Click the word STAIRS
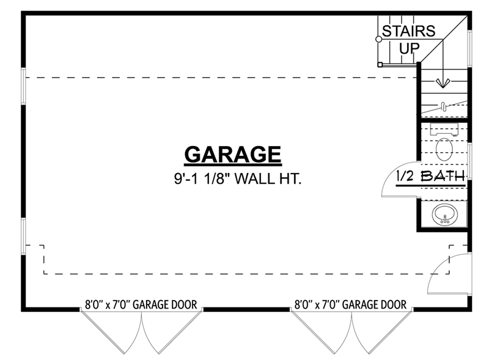pyautogui.click(x=408, y=31)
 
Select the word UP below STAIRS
pyautogui.click(x=409, y=48)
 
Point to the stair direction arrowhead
pyautogui.click(x=443, y=83)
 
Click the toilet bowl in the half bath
pyautogui.click(x=445, y=147)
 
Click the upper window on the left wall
pyautogui.click(x=23, y=88)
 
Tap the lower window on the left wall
pyautogui.click(x=23, y=234)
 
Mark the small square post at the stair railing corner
pyautogui.click(x=380, y=64)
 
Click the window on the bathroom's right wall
pyautogui.click(x=469, y=161)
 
